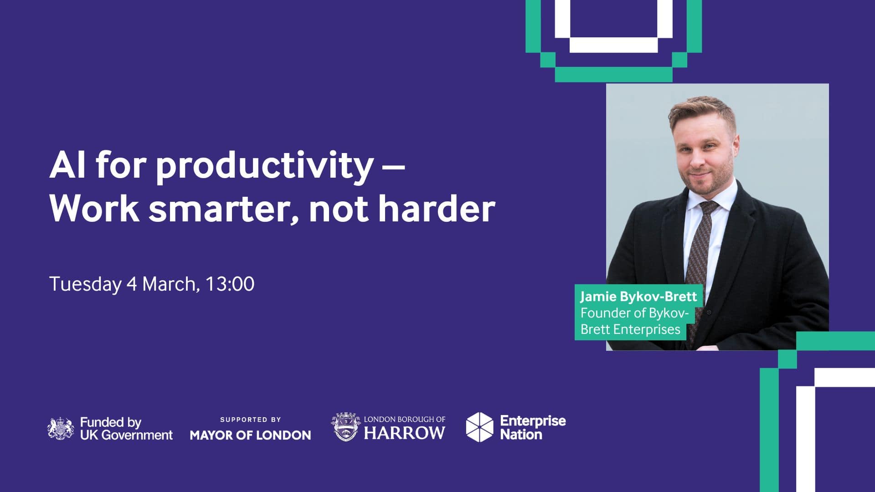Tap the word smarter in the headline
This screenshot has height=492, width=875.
pyautogui.click(x=223, y=210)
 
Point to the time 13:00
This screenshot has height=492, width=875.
pyautogui.click(x=230, y=284)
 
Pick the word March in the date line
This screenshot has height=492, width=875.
pyautogui.click(x=171, y=284)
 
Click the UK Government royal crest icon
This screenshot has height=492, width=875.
pyautogui.click(x=61, y=429)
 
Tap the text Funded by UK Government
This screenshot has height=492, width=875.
pyautogui.click(x=126, y=429)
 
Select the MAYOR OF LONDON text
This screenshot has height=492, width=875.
pyautogui.click(x=250, y=435)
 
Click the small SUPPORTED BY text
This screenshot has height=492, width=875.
pyautogui.click(x=250, y=420)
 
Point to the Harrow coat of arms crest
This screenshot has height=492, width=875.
pyautogui.click(x=346, y=427)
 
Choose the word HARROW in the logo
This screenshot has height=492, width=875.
pyautogui.click(x=404, y=433)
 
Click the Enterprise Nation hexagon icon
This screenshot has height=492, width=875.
pyautogui.click(x=479, y=427)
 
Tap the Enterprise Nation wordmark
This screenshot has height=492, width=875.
pyautogui.click(x=533, y=427)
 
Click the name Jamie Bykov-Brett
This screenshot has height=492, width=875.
pyautogui.click(x=638, y=297)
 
